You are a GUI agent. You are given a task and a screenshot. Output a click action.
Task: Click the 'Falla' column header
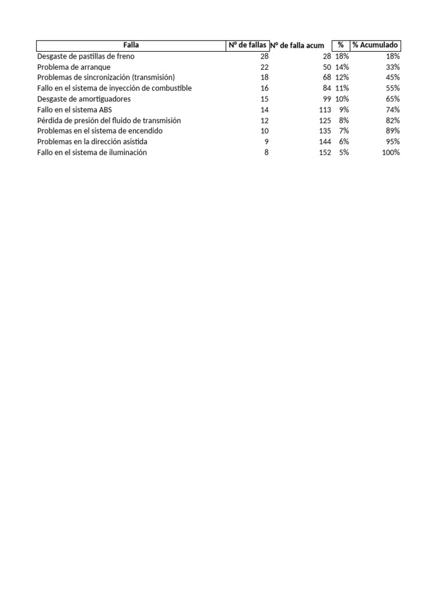pyautogui.click(x=131, y=45)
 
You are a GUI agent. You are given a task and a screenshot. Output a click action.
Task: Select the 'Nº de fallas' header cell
pyautogui.click(x=247, y=45)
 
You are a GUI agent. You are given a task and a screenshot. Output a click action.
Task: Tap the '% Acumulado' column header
pyautogui.click(x=376, y=45)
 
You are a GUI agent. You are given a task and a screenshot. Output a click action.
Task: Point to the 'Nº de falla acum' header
pyautogui.click(x=297, y=46)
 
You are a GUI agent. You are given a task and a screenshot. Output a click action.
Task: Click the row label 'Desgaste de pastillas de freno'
pyautogui.click(x=85, y=56)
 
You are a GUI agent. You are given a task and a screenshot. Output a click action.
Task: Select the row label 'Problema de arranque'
pyautogui.click(x=74, y=67)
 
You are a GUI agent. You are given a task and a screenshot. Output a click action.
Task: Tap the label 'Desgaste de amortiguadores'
pyautogui.click(x=84, y=99)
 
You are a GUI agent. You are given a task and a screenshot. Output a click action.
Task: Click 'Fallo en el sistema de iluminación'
pyautogui.click(x=92, y=152)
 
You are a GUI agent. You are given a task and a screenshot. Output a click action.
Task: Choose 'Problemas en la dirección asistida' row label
pyautogui.click(x=92, y=142)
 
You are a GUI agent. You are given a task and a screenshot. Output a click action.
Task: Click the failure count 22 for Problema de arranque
pyautogui.click(x=265, y=67)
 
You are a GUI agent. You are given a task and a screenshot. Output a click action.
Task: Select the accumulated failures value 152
pyautogui.click(x=325, y=152)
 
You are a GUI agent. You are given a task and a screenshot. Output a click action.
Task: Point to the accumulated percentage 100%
pyautogui.click(x=391, y=152)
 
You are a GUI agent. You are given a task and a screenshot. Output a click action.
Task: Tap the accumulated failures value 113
pyautogui.click(x=325, y=110)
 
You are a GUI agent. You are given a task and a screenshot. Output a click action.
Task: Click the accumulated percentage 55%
pyautogui.click(x=393, y=88)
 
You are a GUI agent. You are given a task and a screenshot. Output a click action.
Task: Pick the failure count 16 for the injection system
pyautogui.click(x=265, y=88)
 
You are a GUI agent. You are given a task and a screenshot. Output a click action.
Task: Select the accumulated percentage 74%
pyautogui.click(x=393, y=110)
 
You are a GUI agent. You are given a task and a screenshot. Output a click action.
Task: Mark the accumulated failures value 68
pyautogui.click(x=326, y=77)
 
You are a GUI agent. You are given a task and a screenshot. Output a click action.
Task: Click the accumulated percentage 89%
pyautogui.click(x=393, y=131)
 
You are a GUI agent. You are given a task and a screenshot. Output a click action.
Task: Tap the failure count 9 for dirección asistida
pyautogui.click(x=267, y=142)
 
